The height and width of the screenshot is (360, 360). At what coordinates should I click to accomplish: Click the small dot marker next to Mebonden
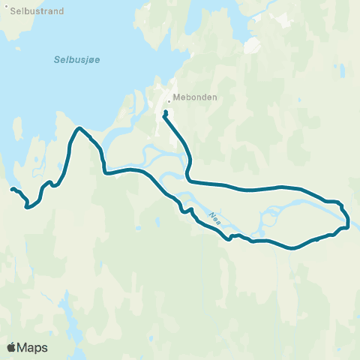169,98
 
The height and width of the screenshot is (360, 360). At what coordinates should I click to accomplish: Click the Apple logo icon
11,347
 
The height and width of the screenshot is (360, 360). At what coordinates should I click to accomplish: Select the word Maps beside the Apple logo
32,347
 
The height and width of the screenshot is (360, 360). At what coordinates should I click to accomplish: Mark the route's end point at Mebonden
165,113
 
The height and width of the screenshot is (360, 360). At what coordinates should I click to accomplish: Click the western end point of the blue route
12,189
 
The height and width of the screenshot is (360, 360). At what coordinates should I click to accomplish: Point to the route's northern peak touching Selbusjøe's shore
78,129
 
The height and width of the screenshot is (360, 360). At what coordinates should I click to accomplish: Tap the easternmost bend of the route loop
349,220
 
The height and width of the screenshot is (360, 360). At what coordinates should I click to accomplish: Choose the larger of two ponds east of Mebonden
253,46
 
